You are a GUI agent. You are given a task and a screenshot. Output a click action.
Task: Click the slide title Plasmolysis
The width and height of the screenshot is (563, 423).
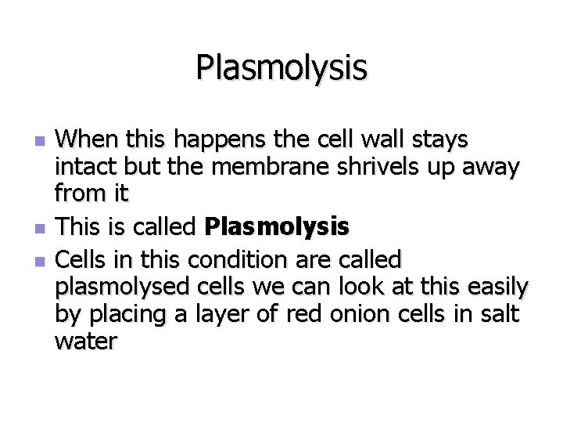pos(281,67)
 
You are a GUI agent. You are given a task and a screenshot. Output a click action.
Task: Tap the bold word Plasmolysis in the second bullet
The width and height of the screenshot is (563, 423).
pos(277,228)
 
